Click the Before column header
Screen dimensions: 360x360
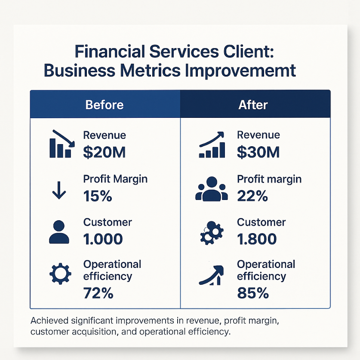pyautogui.click(x=105, y=105)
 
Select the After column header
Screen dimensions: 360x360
pyautogui.click(x=253, y=105)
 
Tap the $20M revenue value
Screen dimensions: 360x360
pyautogui.click(x=104, y=152)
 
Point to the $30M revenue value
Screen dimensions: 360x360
pyautogui.click(x=258, y=152)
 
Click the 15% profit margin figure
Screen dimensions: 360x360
pyautogui.click(x=98, y=196)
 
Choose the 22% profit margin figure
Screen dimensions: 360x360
pyautogui.click(x=252, y=196)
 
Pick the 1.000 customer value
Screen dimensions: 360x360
pyautogui.click(x=103, y=239)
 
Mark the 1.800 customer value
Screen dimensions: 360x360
pyautogui.click(x=257, y=239)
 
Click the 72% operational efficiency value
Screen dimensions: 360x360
pyautogui.click(x=98, y=293)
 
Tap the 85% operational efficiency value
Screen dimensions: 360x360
pyautogui.click(x=253, y=293)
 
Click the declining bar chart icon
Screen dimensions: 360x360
pyautogui.click(x=62, y=144)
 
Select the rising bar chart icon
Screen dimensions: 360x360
pyautogui.click(x=212, y=145)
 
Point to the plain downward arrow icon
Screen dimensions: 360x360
pyautogui.click(x=59, y=190)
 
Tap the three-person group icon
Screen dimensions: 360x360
pyautogui.click(x=212, y=189)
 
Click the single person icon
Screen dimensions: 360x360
pyautogui.click(x=59, y=232)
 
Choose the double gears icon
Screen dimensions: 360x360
pyautogui.click(x=212, y=233)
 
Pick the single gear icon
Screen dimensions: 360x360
pyautogui.click(x=60, y=274)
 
